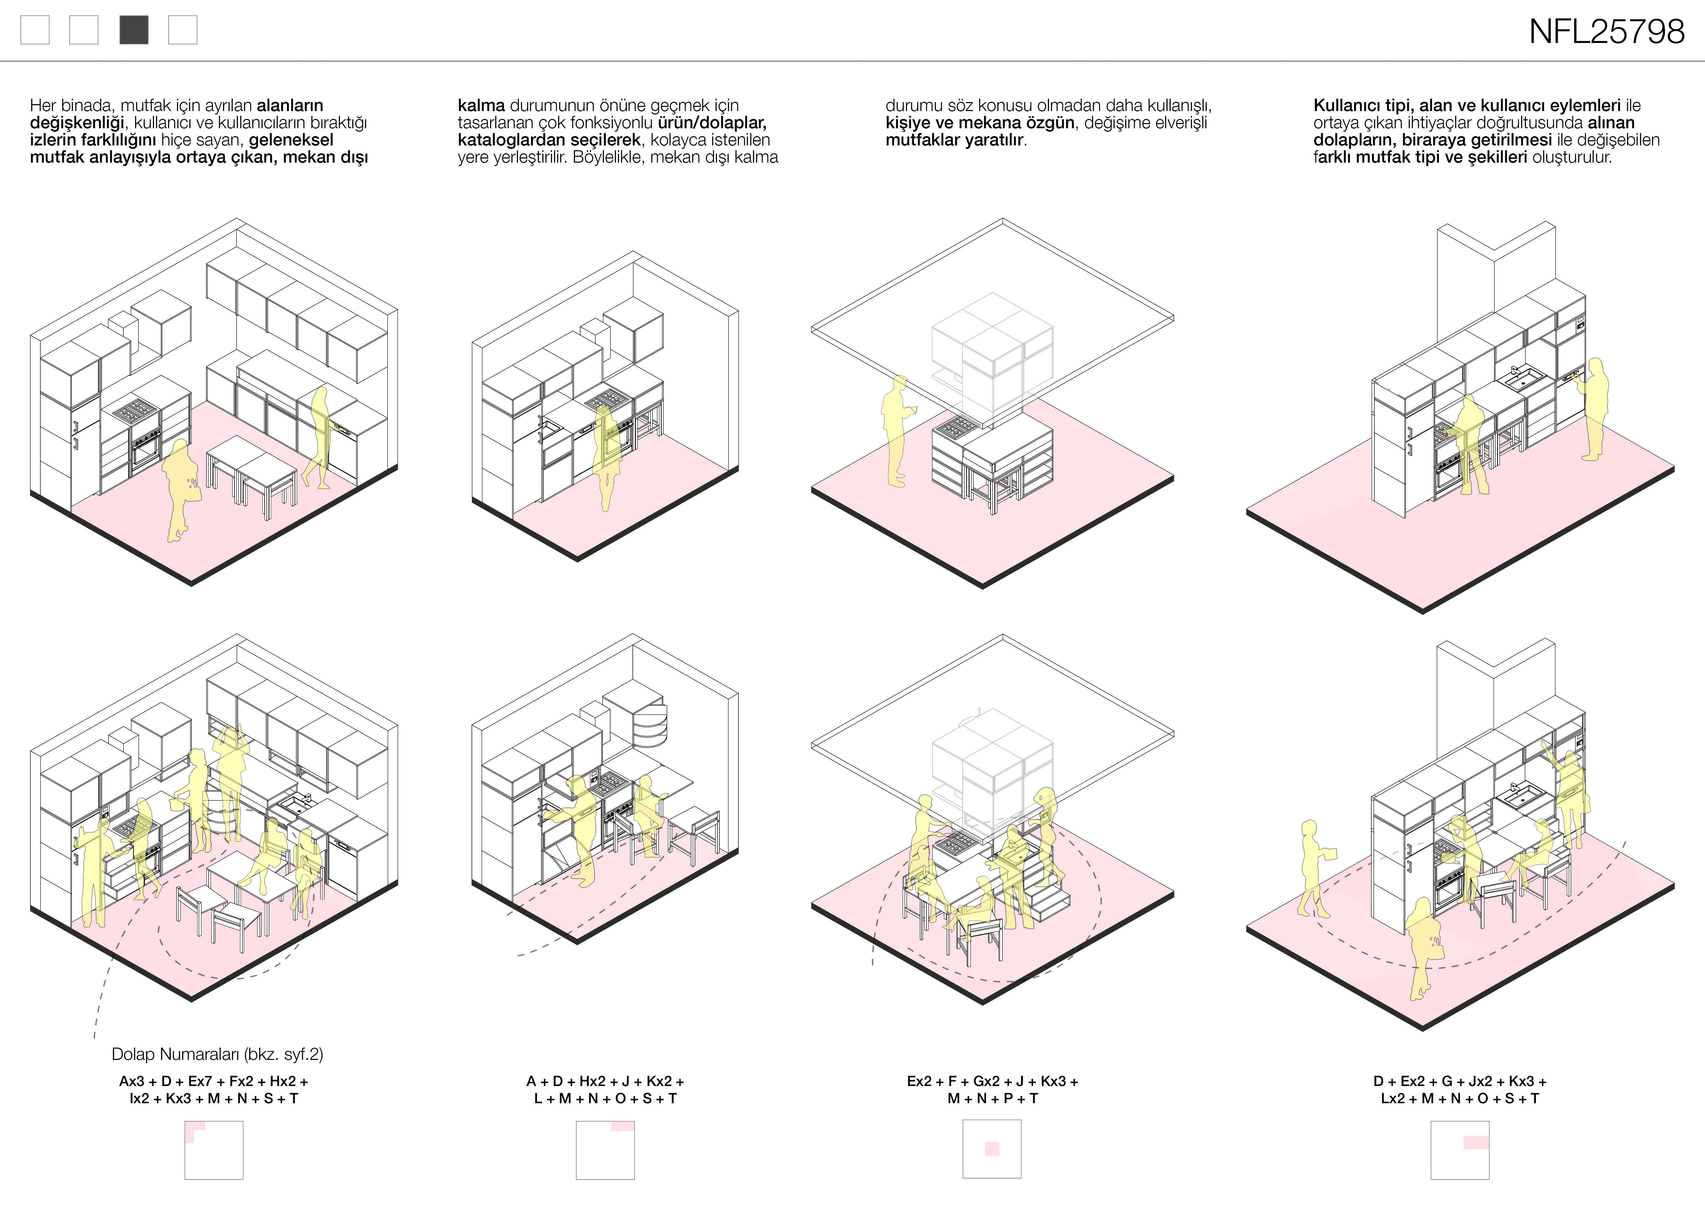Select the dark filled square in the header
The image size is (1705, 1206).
(134, 31)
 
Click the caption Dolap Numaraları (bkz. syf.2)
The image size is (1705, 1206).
(217, 1054)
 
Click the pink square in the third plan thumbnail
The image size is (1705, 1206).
(992, 1149)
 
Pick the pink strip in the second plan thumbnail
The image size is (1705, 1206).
(623, 1127)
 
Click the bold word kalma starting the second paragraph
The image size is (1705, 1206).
(481, 106)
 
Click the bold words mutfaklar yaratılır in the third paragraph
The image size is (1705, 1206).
(955, 140)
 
